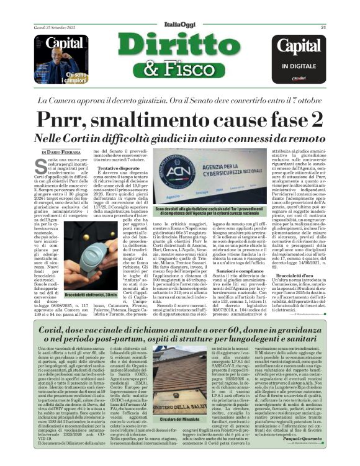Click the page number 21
(323, 27)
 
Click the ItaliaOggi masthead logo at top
(179, 24)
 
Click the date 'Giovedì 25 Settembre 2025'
(51, 27)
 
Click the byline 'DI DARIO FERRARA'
(62, 152)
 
